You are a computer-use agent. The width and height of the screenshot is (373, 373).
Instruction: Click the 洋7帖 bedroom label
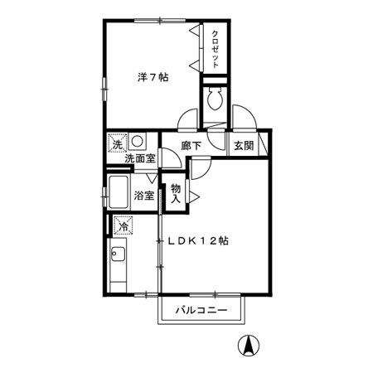153,78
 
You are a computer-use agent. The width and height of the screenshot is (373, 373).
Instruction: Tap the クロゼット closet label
216,49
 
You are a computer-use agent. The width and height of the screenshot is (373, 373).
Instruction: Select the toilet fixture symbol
215,99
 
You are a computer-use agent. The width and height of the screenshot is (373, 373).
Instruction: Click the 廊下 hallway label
191,146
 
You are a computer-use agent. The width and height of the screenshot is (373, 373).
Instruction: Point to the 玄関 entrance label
244,146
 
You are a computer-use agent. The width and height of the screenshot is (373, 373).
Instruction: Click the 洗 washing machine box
118,143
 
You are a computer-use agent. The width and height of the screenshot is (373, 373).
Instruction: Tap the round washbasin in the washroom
137,141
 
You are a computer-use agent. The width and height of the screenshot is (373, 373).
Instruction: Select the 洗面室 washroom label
140,158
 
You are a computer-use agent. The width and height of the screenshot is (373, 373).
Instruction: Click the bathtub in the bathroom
119,192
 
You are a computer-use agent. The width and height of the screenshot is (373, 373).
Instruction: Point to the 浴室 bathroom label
144,196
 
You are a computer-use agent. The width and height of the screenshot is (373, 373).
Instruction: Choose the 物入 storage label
176,193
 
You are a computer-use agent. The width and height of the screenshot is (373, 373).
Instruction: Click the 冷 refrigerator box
124,225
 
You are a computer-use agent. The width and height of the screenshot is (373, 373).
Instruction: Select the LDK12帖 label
198,241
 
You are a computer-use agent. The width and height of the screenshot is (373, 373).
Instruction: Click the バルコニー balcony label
201,310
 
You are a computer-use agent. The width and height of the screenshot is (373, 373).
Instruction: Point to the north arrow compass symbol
249,346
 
